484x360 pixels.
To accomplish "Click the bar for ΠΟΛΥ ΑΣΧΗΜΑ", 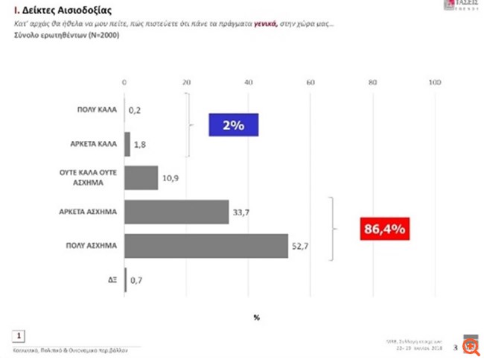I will [206, 246].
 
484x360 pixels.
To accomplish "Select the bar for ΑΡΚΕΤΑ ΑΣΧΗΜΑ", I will [176, 212].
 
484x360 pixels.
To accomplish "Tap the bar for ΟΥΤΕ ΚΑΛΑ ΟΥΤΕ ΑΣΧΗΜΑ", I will [141, 178].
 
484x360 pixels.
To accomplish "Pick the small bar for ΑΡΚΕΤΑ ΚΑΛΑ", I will [127, 144].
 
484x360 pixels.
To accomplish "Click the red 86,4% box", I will [384, 229].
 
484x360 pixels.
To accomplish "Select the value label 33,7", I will [241, 213].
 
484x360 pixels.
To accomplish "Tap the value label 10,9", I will [171, 179].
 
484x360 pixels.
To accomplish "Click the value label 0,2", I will [135, 110].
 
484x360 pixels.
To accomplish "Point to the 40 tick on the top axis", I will [248, 82].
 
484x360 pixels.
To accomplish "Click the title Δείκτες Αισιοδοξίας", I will [54, 11].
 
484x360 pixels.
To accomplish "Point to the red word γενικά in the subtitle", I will [257, 25].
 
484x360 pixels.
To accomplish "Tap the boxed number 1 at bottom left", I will [21, 335].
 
